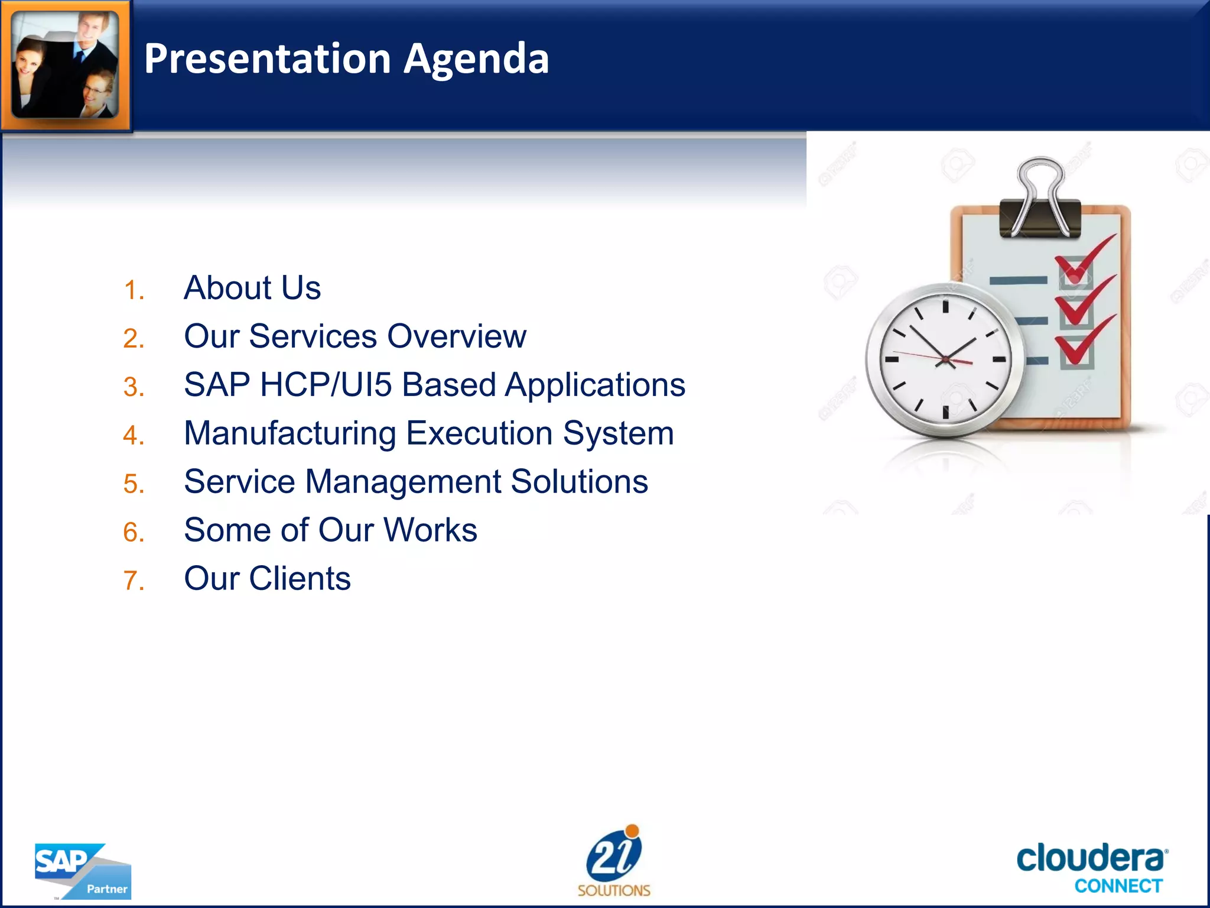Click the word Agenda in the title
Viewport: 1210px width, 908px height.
[476, 59]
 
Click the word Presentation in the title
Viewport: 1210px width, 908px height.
[268, 59]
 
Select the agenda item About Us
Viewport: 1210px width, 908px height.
[252, 288]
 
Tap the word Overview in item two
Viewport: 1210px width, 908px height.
[456, 336]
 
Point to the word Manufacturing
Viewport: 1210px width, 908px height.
[290, 433]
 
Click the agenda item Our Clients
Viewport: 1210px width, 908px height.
[267, 578]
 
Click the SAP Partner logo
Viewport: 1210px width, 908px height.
[83, 871]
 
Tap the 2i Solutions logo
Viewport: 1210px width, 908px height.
[614, 861]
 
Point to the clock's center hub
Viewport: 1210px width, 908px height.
[945, 359]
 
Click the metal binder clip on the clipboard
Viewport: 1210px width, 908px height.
[1040, 201]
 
